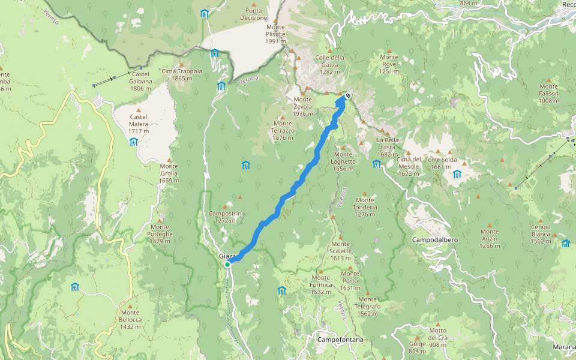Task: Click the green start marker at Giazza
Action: [227, 265]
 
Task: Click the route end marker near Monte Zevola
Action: [348, 94]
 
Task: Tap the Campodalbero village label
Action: [435, 240]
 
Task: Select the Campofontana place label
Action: [340, 340]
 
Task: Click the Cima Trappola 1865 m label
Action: [182, 74]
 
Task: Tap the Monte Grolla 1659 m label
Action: [169, 173]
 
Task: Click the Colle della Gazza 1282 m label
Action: [334, 64]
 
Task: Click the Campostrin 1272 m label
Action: [225, 217]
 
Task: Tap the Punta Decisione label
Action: [253, 14]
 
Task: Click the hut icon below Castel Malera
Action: [133, 142]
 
